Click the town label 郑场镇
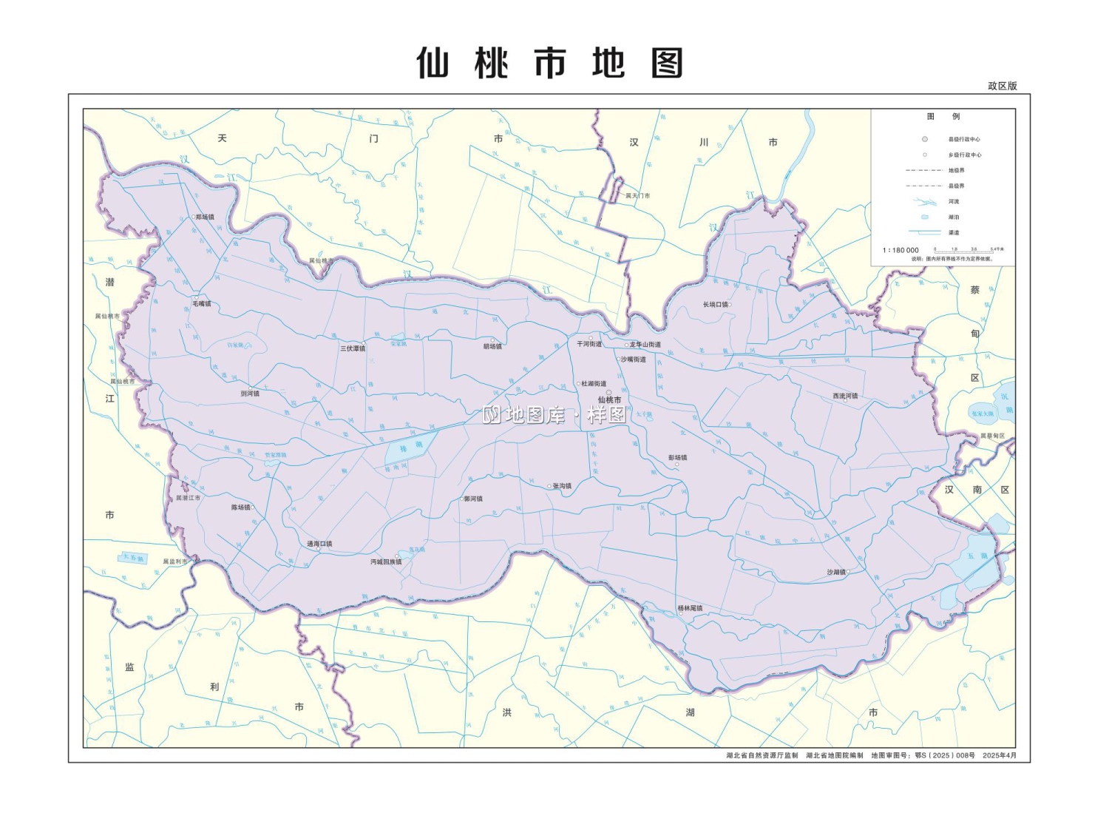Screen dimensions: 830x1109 coord(205,217)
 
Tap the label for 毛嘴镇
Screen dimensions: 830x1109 coord(202,304)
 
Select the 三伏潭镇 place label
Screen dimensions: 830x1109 coord(353,348)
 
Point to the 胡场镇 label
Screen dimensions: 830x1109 coord(492,346)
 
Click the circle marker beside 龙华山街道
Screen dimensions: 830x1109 coord(627,345)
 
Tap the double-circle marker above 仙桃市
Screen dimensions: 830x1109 coord(609,393)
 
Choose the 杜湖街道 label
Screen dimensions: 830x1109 coord(594,384)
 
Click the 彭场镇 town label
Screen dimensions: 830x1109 coord(678,458)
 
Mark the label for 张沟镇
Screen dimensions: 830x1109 coord(562,486)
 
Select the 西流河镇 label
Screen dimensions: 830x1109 coord(845,397)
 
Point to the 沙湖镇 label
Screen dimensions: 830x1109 coord(836,573)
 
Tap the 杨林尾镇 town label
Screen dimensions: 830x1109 coord(690,609)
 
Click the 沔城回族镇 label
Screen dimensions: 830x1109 coord(386,562)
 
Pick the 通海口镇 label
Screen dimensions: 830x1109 coord(319,544)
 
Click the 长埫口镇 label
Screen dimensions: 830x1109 coord(716,305)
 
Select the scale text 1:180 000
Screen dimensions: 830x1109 coord(901,250)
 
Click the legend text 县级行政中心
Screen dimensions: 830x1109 coord(964,139)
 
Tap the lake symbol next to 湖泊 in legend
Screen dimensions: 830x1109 coord(924,217)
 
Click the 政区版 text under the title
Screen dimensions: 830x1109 coord(1003,86)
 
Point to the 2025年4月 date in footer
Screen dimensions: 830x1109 coord(1000,755)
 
